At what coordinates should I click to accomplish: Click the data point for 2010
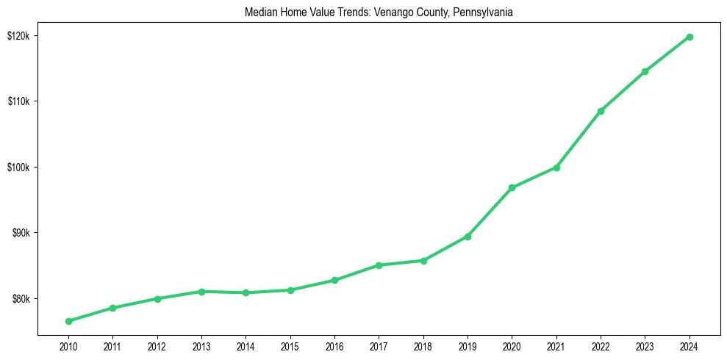coord(68,321)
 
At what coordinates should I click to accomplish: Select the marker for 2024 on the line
coord(690,37)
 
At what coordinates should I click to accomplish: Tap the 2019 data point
coord(468,237)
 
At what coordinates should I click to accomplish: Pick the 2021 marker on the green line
coord(556,168)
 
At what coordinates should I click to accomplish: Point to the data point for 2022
coord(601,111)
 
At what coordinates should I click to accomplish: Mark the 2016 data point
coord(334,280)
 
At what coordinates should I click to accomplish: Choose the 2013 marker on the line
coord(201,292)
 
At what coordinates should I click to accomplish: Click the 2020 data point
coord(512,187)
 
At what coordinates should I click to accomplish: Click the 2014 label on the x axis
coord(246,346)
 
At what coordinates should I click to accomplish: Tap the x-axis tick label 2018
coord(423,346)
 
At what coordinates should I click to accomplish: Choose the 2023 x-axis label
coord(645,346)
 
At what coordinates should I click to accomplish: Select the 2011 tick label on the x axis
coord(112,346)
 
